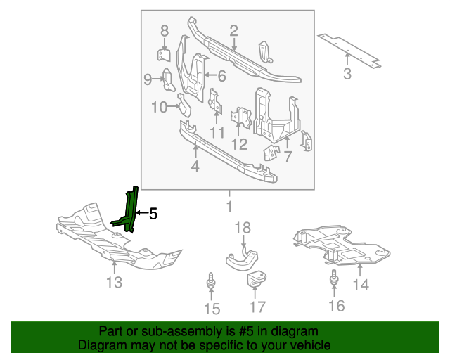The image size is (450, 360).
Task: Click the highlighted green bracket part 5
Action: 129,211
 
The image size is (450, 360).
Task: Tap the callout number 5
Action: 153,213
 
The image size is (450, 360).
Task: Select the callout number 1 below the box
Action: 228,207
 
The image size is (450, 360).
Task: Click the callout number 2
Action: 233,30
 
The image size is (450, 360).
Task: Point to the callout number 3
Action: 347,74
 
